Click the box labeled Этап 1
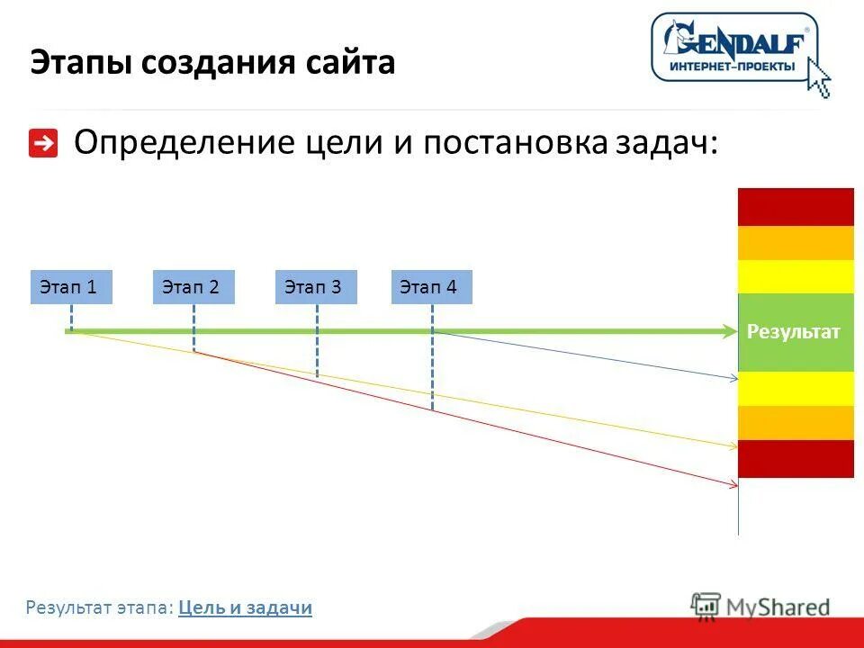(71, 287)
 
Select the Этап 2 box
(193, 287)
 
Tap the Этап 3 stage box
(316, 287)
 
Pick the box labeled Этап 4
(432, 287)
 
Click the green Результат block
(795, 333)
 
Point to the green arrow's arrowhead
(730, 332)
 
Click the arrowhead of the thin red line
(733, 485)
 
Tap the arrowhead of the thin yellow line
(733, 445)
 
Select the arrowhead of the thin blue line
(733, 378)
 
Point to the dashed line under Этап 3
(317, 346)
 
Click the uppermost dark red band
(796, 207)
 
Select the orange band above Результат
(796, 243)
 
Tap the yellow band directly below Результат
(796, 389)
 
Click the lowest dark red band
(796, 459)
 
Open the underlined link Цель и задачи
(245, 608)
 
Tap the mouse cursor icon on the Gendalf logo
(818, 77)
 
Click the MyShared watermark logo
(760, 606)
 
